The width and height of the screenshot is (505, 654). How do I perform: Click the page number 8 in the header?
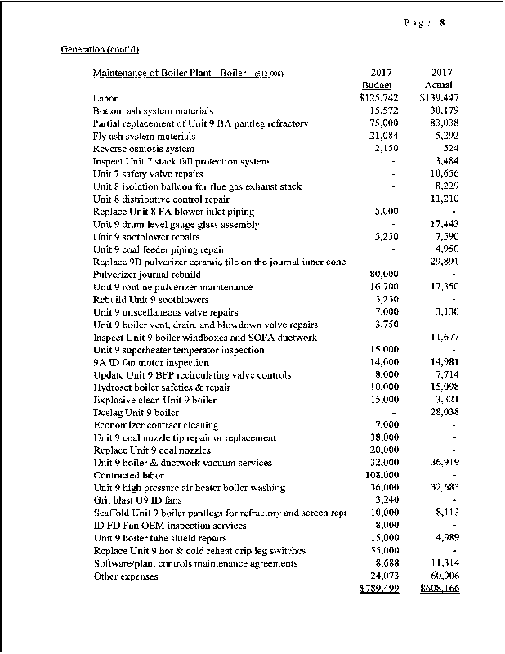pyautogui.click(x=442, y=24)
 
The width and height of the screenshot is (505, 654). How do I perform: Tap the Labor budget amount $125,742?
pyautogui.click(x=378, y=98)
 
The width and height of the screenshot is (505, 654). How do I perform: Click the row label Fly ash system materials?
pyautogui.click(x=144, y=137)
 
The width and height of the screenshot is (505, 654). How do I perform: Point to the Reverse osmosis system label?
pyautogui.click(x=144, y=149)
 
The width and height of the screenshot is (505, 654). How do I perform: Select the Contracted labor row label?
pyautogui.click(x=128, y=476)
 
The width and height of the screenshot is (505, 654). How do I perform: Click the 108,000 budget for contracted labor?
pyautogui.click(x=382, y=476)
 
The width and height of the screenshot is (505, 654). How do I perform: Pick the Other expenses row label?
pyautogui.click(x=126, y=576)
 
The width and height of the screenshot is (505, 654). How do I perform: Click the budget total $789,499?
pyautogui.click(x=379, y=589)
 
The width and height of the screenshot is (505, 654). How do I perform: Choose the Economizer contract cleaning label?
pyautogui.click(x=155, y=425)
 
